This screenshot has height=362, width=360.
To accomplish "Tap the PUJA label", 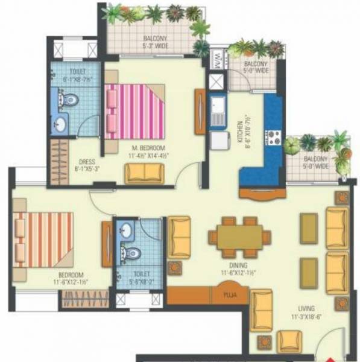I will (x=229, y=295).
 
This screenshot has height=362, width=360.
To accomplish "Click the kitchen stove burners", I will (x=274, y=137).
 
